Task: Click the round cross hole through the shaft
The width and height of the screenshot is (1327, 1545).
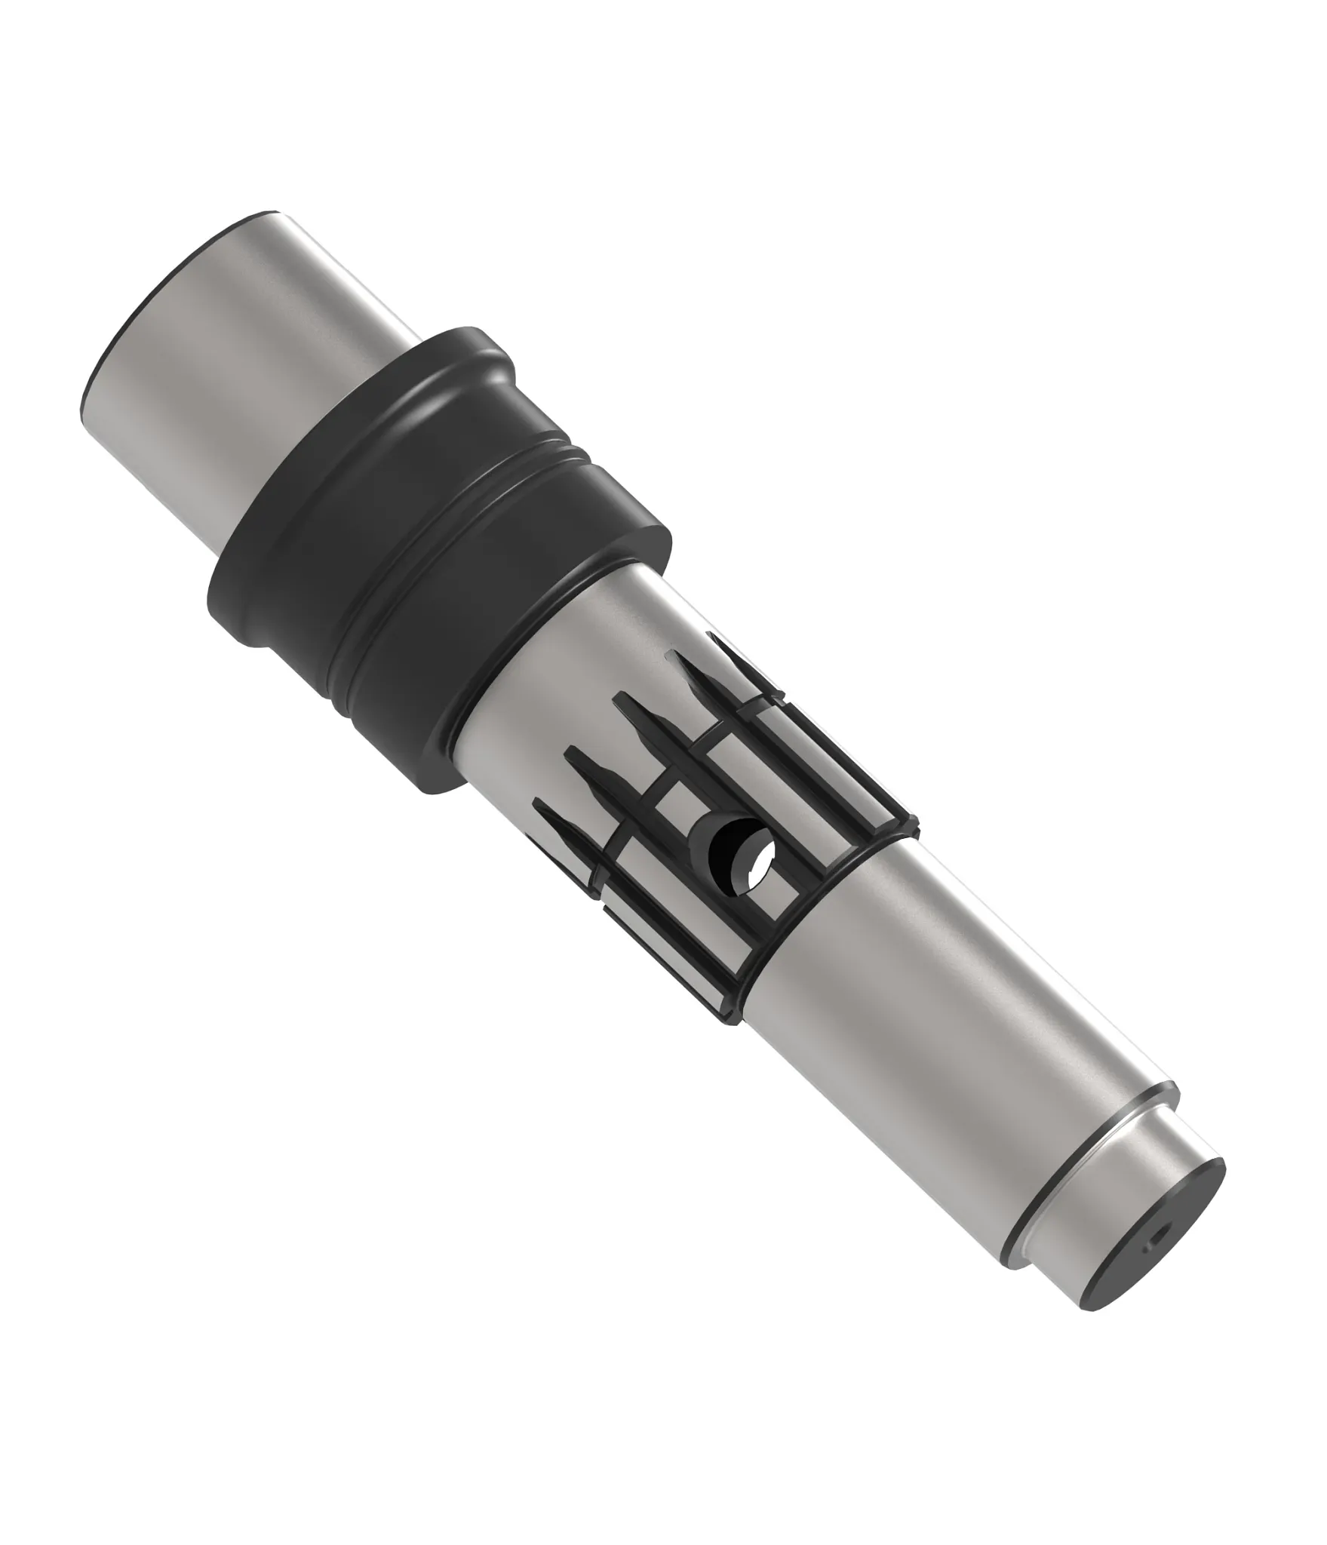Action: tap(743, 855)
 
